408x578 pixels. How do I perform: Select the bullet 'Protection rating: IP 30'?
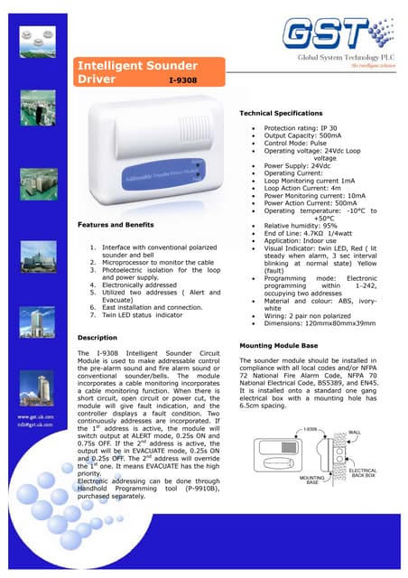pos(299,128)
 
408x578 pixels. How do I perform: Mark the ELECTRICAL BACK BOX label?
pos(363,472)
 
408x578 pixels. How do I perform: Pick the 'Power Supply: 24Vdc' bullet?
pos(296,166)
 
